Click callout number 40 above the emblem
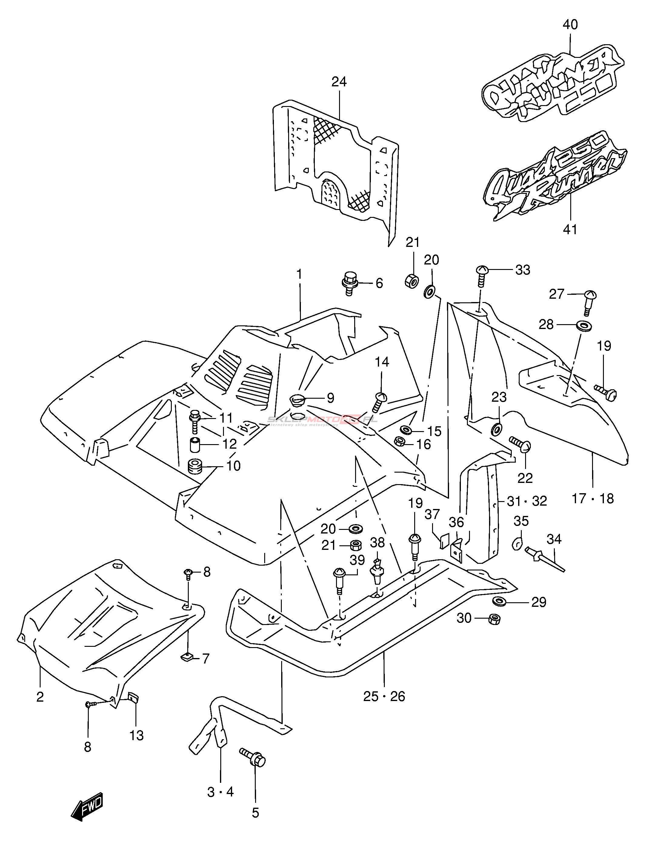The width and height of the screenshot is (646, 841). coord(570,25)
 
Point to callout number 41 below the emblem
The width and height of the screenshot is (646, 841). coord(570,229)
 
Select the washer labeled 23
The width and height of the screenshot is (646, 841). coord(496,428)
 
